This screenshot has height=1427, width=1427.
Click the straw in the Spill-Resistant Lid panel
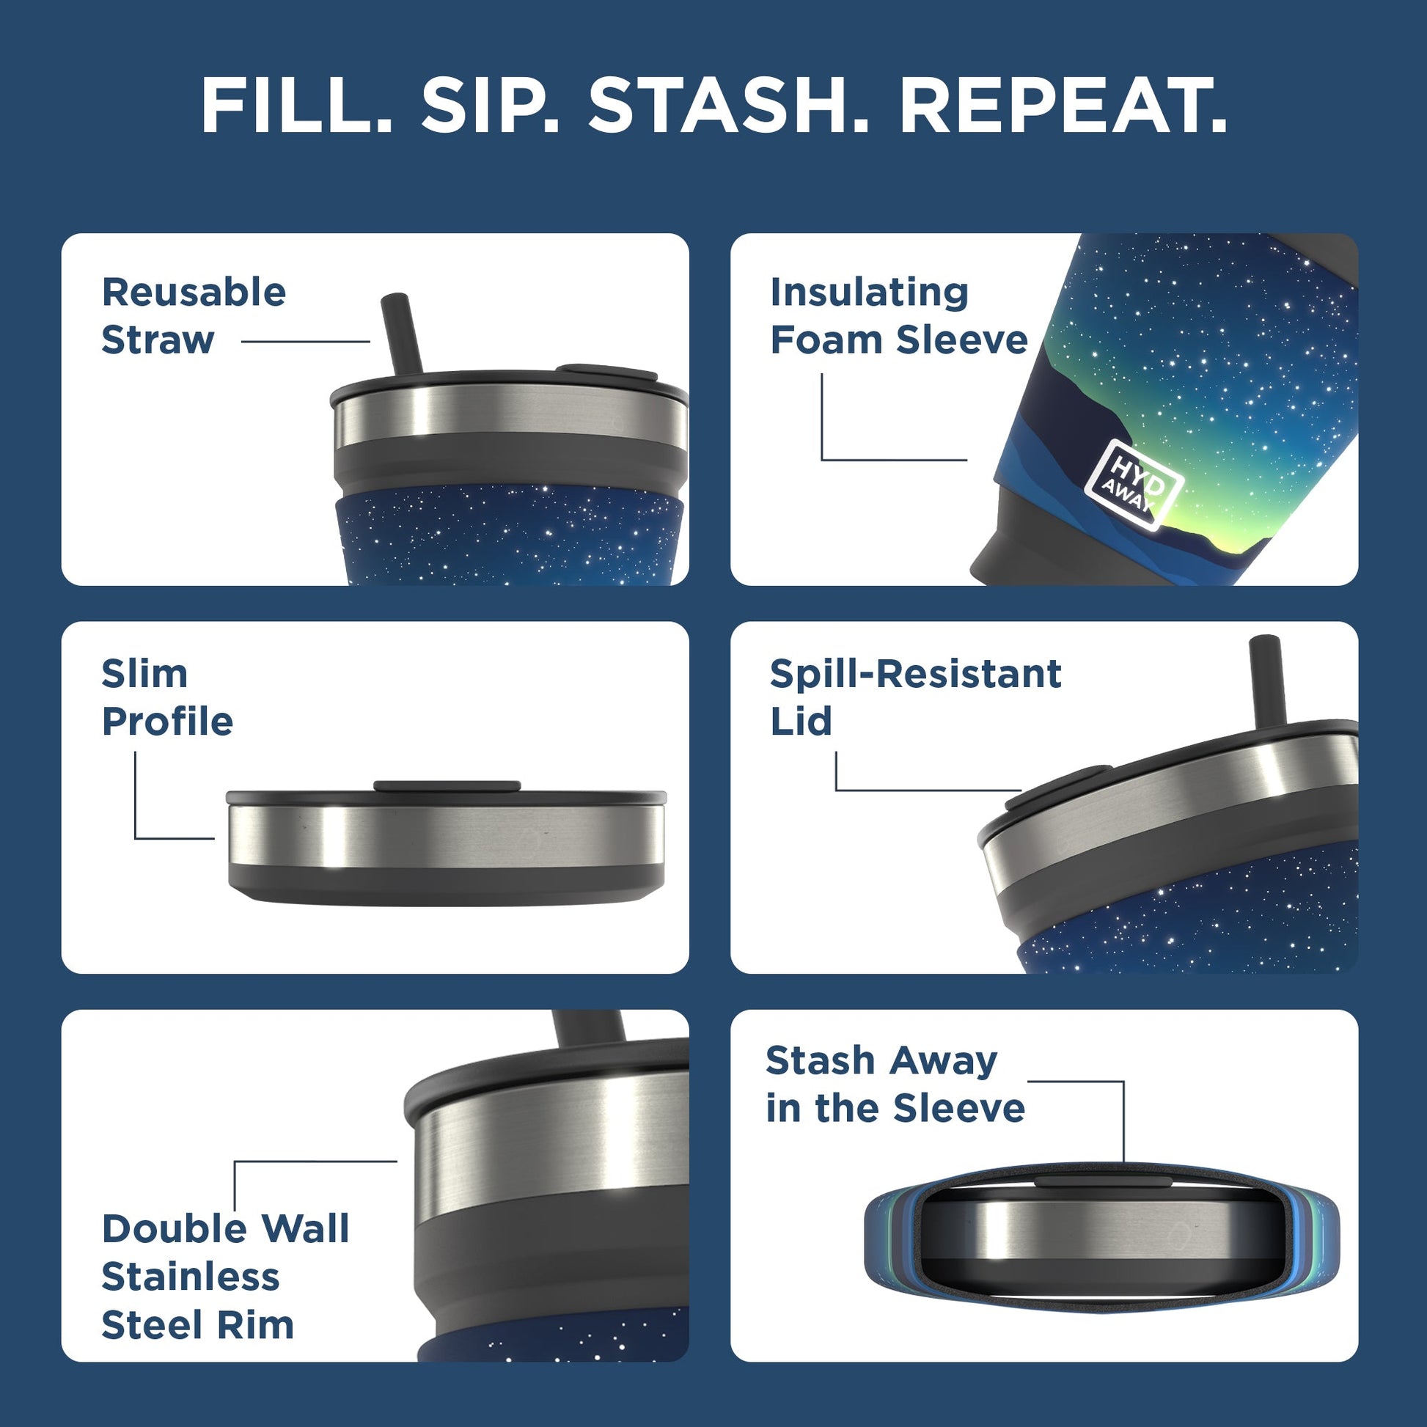coord(1267,680)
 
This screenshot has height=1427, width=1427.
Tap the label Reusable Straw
coord(194,316)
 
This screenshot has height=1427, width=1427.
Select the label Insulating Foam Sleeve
coord(898,316)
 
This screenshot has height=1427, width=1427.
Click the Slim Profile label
coord(167,697)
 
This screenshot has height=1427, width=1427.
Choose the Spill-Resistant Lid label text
coord(914,697)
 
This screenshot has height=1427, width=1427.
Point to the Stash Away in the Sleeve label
coord(895,1085)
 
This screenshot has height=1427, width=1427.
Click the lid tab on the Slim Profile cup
coord(447,786)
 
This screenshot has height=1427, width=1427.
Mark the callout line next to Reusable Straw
coord(305,341)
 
